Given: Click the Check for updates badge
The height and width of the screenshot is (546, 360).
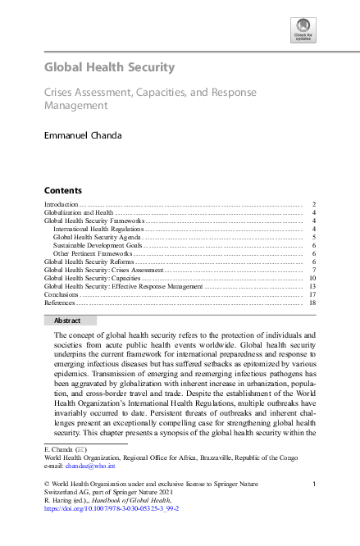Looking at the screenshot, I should coord(303,30).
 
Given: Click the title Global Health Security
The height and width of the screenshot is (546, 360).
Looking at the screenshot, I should coord(108,66).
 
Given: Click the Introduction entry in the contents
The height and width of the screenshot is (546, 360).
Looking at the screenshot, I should coord(61,203).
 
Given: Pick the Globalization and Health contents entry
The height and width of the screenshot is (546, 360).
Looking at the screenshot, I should coord(79,212).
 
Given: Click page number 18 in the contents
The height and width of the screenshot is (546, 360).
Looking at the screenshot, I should coord(313,303).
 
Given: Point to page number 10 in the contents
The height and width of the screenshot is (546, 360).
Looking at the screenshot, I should coord(313,278).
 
